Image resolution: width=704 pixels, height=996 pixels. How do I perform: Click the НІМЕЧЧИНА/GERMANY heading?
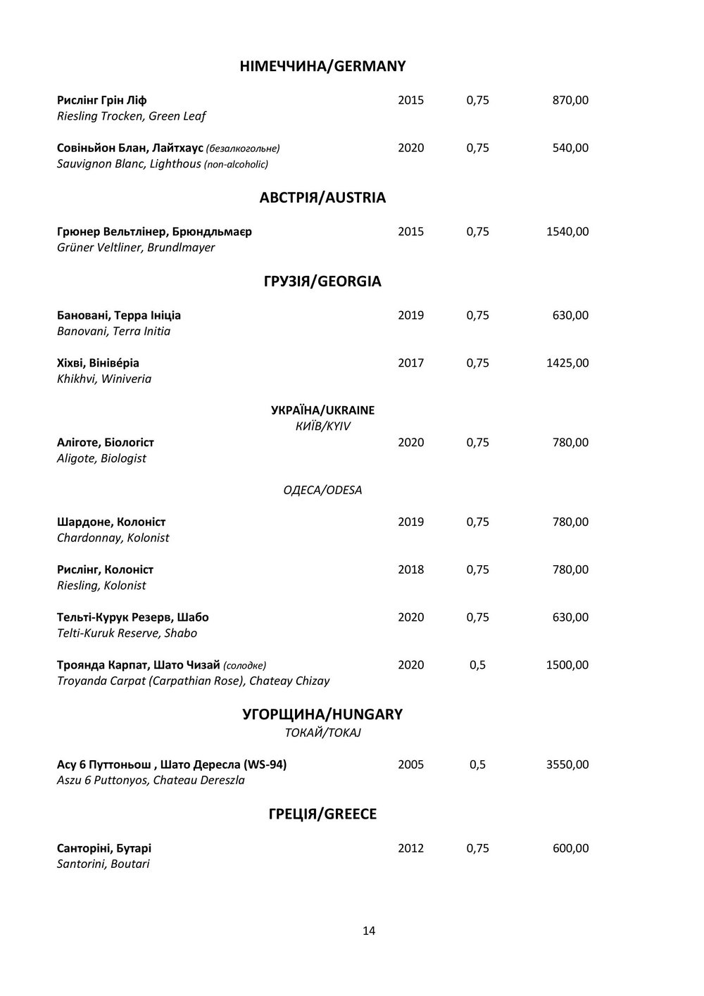pyautogui.click(x=323, y=66)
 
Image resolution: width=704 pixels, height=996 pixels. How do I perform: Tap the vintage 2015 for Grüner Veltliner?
pyautogui.click(x=410, y=232)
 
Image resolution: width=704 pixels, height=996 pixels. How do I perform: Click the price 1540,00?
pyautogui.click(x=567, y=232)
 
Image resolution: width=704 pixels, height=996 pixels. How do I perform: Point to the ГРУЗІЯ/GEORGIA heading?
pyautogui.click(x=322, y=282)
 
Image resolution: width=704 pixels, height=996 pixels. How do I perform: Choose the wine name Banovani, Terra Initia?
pyautogui.click(x=113, y=331)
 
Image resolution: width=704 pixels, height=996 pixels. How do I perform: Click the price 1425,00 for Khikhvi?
pyautogui.click(x=567, y=363)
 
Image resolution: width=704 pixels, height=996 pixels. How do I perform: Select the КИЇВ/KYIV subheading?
pyautogui.click(x=323, y=427)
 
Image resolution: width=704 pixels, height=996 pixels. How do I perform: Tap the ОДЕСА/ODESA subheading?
pyautogui.click(x=322, y=490)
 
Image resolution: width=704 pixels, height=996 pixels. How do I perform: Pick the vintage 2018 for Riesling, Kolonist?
pyautogui.click(x=410, y=569)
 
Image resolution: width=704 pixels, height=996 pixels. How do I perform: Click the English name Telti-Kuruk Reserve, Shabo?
pyautogui.click(x=127, y=633)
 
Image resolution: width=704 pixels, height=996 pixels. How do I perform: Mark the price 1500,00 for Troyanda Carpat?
pyautogui.click(x=567, y=665)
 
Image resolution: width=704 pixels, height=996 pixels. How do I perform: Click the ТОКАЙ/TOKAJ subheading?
pyautogui.click(x=322, y=733)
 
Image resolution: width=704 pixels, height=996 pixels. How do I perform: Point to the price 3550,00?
pyautogui.click(x=567, y=764)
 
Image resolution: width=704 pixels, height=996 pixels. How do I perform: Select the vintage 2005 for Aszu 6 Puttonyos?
pyautogui.click(x=410, y=764)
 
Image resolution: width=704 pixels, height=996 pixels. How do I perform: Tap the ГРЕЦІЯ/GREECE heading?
pyautogui.click(x=322, y=814)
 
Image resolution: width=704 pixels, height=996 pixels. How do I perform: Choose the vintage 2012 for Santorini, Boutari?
pyautogui.click(x=410, y=848)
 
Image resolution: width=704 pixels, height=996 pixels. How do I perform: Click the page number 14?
pyautogui.click(x=369, y=931)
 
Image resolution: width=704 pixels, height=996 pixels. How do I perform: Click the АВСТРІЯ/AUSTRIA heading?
pyautogui.click(x=322, y=198)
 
